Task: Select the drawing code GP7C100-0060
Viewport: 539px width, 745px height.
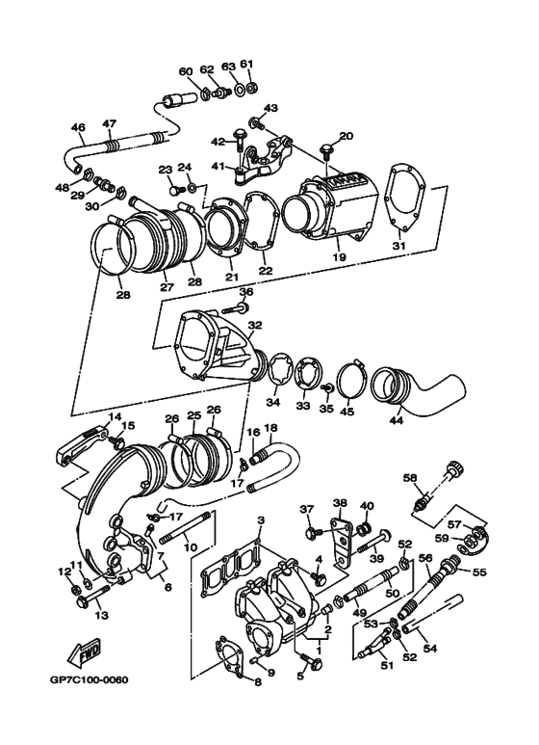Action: pos(90,681)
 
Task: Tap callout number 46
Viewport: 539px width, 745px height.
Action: pos(78,126)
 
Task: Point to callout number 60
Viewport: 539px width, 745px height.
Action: pos(186,70)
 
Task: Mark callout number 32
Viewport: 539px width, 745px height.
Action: pos(254,325)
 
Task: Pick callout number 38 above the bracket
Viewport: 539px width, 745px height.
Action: pos(339,503)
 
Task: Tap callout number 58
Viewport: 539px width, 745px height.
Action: pos(410,478)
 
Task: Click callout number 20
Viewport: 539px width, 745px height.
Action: pos(346,136)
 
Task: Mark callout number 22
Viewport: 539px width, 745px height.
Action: pos(265,272)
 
